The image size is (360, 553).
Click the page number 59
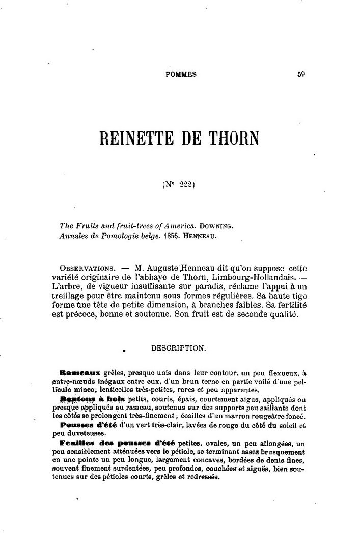point(301,74)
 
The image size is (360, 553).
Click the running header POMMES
point(181,74)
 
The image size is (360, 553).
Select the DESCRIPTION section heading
point(178,348)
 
